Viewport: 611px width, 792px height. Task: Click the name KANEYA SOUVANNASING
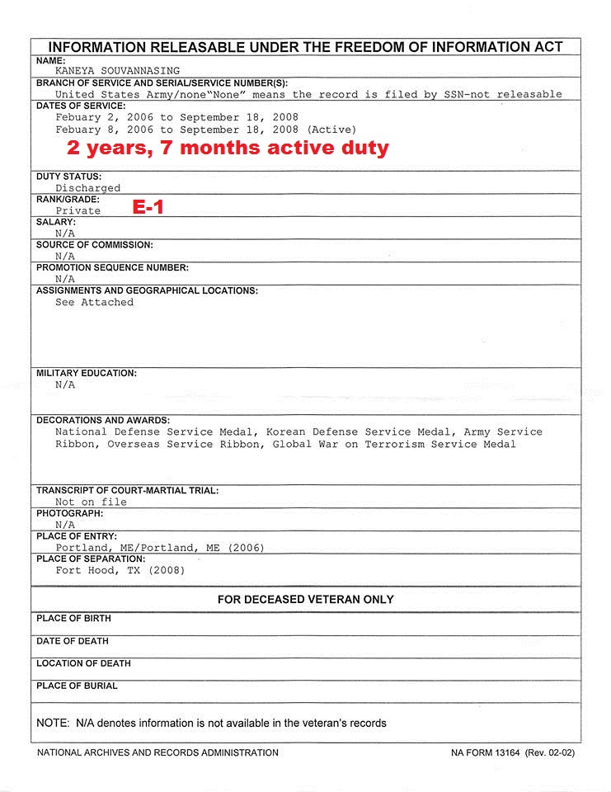[117, 71]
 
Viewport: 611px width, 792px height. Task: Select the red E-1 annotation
[148, 207]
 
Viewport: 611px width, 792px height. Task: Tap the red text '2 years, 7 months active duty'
[228, 148]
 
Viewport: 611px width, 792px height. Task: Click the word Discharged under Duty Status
[87, 188]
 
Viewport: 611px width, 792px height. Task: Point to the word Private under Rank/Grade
[78, 210]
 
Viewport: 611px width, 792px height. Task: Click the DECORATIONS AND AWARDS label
[103, 420]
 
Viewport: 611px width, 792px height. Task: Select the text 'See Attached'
[94, 302]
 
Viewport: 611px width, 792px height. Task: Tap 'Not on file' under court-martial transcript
[91, 502]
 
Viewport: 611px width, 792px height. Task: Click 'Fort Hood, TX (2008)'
[120, 570]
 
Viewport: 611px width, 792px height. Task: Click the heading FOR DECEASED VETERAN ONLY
[305, 600]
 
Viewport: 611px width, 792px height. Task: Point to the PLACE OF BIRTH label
[73, 619]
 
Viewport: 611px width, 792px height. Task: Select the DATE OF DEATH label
[73, 641]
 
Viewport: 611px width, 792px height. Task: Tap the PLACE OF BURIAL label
[77, 686]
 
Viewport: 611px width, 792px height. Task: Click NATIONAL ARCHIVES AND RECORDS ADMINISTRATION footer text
[157, 752]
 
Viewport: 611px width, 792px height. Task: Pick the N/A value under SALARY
[65, 233]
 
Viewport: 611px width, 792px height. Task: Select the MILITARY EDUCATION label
[87, 374]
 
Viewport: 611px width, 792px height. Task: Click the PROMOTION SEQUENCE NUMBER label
[112, 268]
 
